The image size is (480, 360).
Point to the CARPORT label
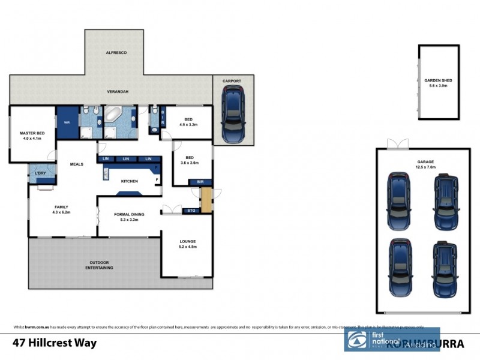(232, 80)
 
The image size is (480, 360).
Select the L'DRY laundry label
(40, 175)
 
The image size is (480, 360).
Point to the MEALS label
(76, 163)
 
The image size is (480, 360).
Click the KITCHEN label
(130, 181)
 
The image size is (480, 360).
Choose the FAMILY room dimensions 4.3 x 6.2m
(61, 212)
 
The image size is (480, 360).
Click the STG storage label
(191, 211)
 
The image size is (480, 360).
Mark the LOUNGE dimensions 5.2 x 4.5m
(188, 247)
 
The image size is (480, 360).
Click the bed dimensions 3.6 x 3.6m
(190, 163)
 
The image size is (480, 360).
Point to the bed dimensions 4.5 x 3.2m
(188, 125)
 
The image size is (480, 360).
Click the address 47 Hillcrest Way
(54, 344)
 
